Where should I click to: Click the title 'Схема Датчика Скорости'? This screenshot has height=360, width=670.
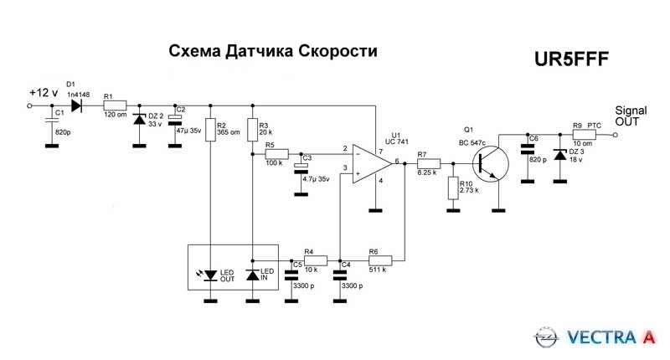click(x=273, y=52)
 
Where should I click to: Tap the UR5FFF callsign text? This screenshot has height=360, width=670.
click(x=571, y=59)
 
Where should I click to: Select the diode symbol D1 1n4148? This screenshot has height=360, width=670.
click(x=78, y=106)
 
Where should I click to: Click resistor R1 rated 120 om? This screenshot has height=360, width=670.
click(x=115, y=106)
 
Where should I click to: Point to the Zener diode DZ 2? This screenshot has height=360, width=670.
click(x=140, y=119)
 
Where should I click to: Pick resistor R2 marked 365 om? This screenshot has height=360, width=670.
click(x=210, y=130)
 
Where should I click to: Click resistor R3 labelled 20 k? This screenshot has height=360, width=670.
click(x=253, y=130)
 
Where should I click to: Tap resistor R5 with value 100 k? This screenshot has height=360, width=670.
click(x=276, y=154)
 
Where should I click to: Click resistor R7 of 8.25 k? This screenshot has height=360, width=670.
click(x=427, y=164)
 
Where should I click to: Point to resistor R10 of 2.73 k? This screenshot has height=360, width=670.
click(x=453, y=188)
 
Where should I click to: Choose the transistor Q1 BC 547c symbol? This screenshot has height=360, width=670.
click(x=492, y=164)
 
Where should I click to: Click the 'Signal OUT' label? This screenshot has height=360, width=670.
click(x=631, y=116)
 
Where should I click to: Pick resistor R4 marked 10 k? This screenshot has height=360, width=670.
click(x=312, y=260)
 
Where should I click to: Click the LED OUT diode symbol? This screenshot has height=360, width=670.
click(x=210, y=274)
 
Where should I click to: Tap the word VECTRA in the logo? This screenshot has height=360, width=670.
click(x=601, y=337)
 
